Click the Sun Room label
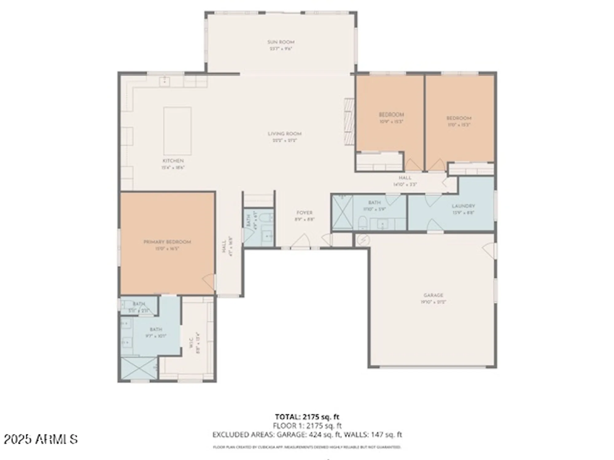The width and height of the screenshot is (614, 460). [281, 42]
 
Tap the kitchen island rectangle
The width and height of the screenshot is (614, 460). [177, 131]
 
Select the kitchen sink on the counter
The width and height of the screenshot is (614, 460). [165, 81]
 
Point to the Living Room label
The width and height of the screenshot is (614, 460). [285, 134]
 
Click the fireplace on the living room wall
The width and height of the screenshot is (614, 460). [349, 121]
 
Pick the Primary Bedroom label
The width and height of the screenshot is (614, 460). [167, 242]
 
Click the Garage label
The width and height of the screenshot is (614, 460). [433, 295]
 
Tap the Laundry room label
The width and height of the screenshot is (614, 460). [463, 206]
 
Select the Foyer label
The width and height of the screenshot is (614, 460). [304, 213]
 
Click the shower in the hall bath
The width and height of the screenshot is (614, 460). [342, 212]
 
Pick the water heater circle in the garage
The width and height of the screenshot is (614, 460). [363, 239]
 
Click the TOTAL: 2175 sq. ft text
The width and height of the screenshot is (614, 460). [307, 417]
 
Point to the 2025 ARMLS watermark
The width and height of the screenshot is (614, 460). [41, 439]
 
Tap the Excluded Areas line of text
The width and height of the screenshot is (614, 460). [307, 435]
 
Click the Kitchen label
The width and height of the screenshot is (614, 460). [173, 161]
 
